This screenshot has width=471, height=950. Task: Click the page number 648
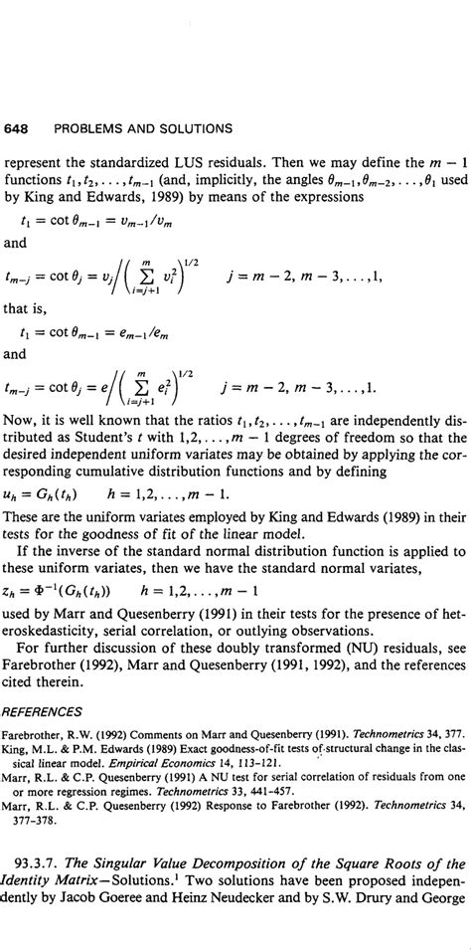17,128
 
